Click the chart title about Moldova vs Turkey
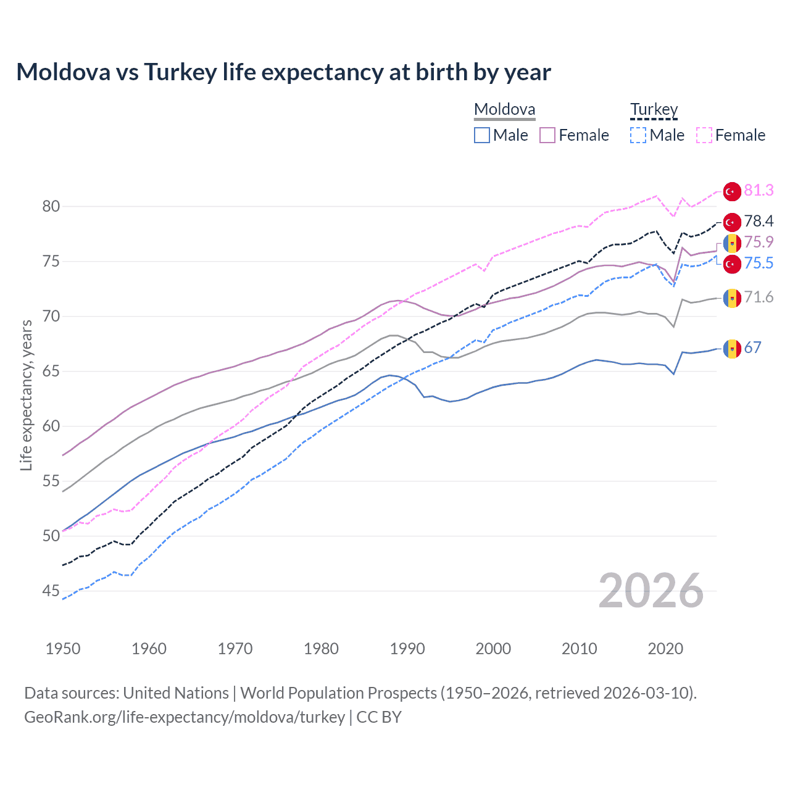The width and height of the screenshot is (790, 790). pyautogui.click(x=283, y=72)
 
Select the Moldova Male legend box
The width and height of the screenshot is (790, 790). pyautogui.click(x=482, y=135)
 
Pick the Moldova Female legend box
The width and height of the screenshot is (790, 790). pyautogui.click(x=547, y=135)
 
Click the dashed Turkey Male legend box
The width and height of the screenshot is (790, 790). pyautogui.click(x=638, y=135)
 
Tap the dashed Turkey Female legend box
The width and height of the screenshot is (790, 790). pyautogui.click(x=704, y=135)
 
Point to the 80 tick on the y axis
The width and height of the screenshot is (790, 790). pyautogui.click(x=51, y=206)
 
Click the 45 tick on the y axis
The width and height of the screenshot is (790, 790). pyautogui.click(x=51, y=591)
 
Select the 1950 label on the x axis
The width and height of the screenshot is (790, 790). pyautogui.click(x=63, y=649)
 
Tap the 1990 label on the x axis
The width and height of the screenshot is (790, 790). pyautogui.click(x=407, y=649)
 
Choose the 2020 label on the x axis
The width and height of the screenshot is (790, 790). pyautogui.click(x=665, y=649)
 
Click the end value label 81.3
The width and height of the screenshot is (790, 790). pyautogui.click(x=759, y=190)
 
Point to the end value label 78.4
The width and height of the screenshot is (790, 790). pyautogui.click(x=759, y=221)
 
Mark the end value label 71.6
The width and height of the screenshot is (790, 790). pyautogui.click(x=759, y=297)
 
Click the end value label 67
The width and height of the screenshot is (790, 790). pyautogui.click(x=752, y=347)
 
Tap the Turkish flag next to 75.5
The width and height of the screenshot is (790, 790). pyautogui.click(x=732, y=264)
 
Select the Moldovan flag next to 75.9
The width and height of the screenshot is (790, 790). pyautogui.click(x=732, y=243)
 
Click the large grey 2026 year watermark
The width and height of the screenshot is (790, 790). pyautogui.click(x=651, y=591)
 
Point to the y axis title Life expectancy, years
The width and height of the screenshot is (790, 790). pyautogui.click(x=26, y=395)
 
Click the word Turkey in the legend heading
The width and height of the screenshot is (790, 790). pyautogui.click(x=654, y=109)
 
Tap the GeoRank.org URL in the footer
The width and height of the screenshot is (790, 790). pyautogui.click(x=185, y=717)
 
